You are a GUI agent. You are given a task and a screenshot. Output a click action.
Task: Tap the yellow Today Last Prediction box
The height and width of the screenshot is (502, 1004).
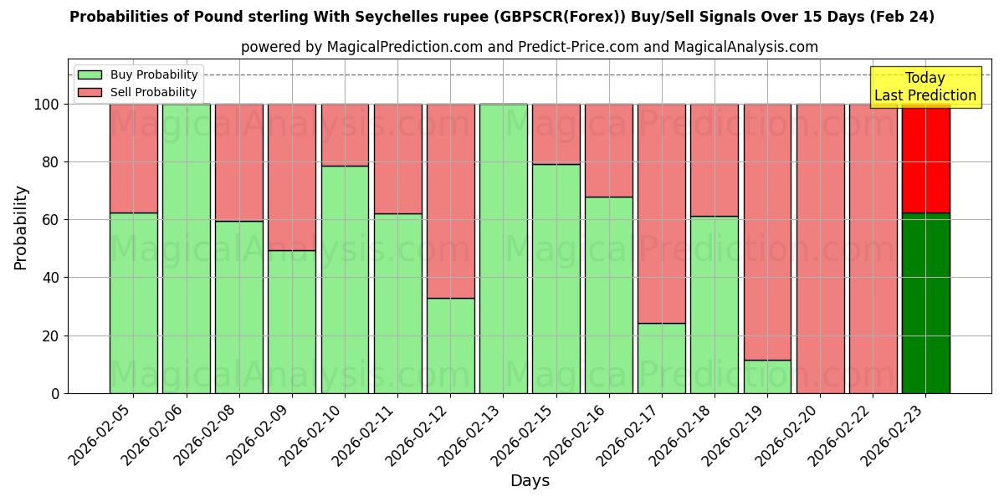[925, 87]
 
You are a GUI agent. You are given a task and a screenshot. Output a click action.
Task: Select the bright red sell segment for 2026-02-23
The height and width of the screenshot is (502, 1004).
[925, 158]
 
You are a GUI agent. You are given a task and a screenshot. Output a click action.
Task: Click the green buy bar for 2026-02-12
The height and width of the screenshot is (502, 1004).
[450, 346]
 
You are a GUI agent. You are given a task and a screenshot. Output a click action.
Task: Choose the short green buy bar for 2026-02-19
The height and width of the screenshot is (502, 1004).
[767, 376]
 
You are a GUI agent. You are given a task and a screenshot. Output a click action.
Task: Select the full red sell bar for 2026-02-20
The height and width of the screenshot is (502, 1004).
[820, 248]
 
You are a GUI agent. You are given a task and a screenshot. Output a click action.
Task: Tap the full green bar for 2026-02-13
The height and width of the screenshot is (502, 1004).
[503, 248]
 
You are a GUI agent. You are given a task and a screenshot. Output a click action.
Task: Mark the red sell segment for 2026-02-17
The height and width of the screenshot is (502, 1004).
[661, 213]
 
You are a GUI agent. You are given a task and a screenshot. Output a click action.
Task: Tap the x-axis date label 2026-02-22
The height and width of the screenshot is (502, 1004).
[841, 436]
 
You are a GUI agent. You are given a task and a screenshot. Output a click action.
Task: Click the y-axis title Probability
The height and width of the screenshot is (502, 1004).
[21, 228]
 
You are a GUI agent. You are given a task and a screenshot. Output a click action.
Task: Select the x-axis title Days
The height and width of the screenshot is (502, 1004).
[530, 481]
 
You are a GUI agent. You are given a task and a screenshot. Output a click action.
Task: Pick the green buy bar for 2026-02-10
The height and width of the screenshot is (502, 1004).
[345, 279]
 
